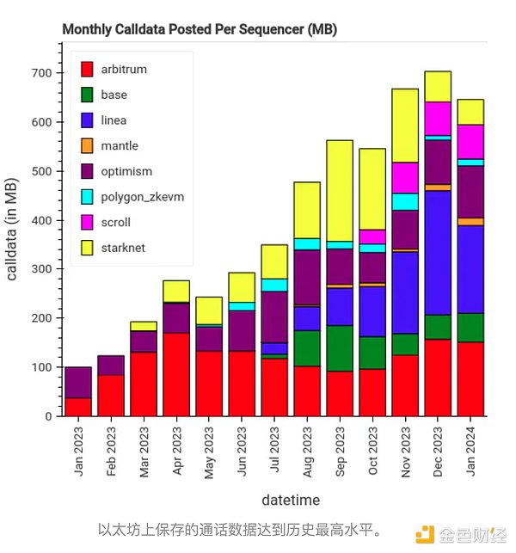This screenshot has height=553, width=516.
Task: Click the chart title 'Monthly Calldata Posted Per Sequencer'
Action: (200, 29)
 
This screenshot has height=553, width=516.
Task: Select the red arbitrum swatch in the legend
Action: (87, 70)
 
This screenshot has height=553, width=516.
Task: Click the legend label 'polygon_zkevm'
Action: (143, 197)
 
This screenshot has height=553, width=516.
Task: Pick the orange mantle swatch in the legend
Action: (87, 146)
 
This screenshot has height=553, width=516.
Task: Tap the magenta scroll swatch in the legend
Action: (87, 223)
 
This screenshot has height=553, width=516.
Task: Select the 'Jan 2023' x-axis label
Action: (79, 450)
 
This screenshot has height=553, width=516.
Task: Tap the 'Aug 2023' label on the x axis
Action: (308, 450)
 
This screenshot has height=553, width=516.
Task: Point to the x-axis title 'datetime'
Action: (291, 500)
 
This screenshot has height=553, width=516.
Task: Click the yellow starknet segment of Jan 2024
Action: (470, 113)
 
